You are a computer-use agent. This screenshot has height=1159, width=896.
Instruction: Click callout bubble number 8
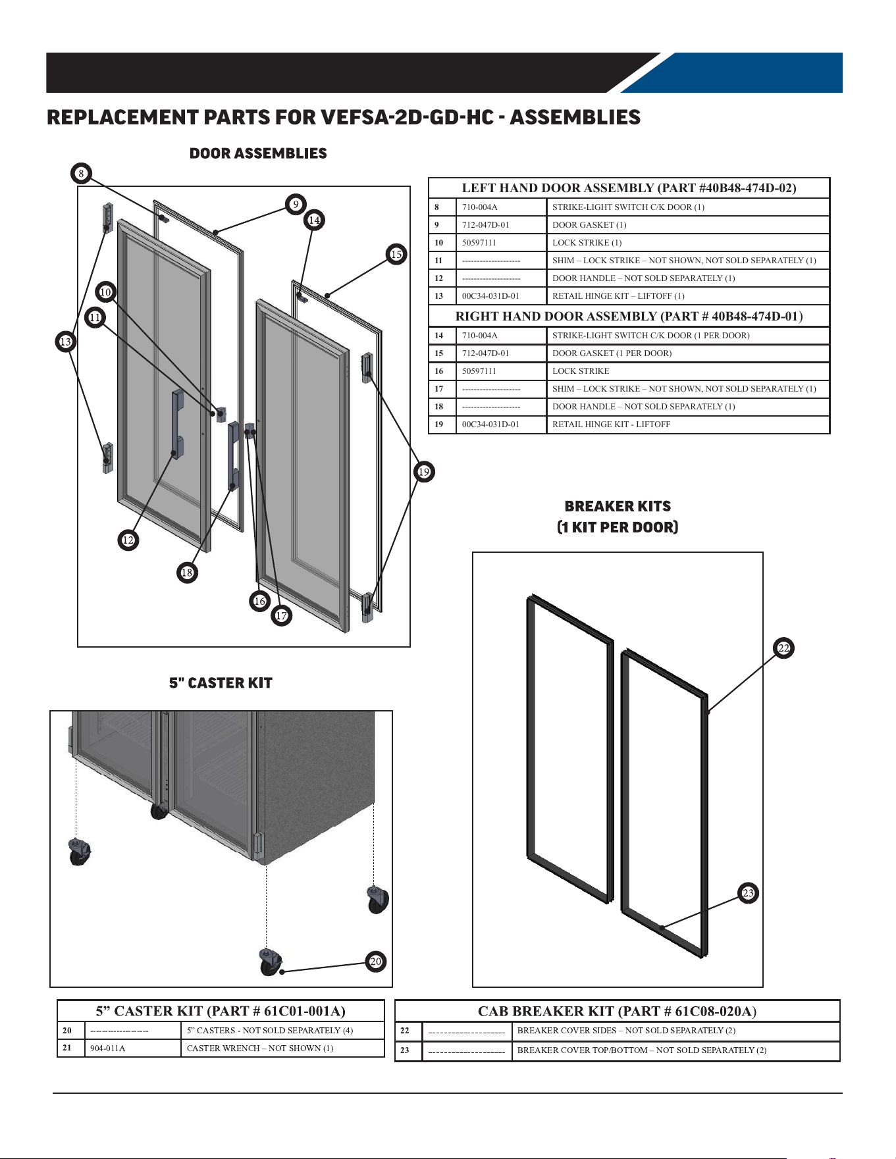click(x=81, y=174)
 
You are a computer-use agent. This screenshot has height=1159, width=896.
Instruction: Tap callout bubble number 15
click(x=396, y=254)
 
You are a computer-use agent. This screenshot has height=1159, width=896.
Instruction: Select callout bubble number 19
click(x=424, y=472)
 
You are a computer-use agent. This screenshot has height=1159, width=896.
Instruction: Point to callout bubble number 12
click(x=128, y=540)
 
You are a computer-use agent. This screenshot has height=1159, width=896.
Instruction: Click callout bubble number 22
click(x=783, y=648)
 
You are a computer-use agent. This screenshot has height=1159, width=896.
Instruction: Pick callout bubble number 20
click(x=375, y=962)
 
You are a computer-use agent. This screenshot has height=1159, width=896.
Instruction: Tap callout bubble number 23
click(x=748, y=893)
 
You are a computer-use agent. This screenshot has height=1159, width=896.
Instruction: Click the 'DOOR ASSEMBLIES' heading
click(x=258, y=153)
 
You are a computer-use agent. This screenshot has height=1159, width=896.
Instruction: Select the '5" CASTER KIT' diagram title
click(x=221, y=683)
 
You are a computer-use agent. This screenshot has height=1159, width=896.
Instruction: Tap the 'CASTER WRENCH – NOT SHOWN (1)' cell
click(x=260, y=1048)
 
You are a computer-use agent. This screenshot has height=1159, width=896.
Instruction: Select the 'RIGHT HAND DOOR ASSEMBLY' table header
click(x=629, y=317)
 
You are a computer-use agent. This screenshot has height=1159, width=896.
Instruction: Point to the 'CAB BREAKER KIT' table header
click(x=617, y=1011)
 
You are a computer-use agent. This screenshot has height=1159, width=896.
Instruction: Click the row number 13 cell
click(x=439, y=296)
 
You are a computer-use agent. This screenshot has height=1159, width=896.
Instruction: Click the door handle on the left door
click(x=177, y=425)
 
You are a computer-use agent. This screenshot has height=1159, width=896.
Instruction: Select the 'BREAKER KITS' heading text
click(x=618, y=506)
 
